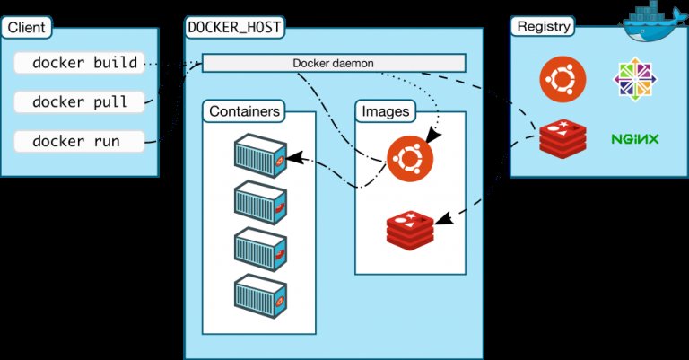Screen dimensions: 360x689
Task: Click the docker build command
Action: click(84, 63)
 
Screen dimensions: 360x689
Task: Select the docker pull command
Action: click(80, 101)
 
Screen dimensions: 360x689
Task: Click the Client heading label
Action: click(27, 27)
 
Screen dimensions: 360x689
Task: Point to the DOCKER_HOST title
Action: click(235, 27)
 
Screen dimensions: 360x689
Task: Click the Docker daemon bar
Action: click(334, 63)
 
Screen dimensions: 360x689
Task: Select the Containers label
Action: click(246, 112)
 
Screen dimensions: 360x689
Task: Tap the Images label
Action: click(385, 112)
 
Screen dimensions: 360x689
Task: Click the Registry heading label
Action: click(544, 26)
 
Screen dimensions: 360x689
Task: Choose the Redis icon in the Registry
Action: click(563, 139)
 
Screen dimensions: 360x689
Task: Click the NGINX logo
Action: click(635, 139)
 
